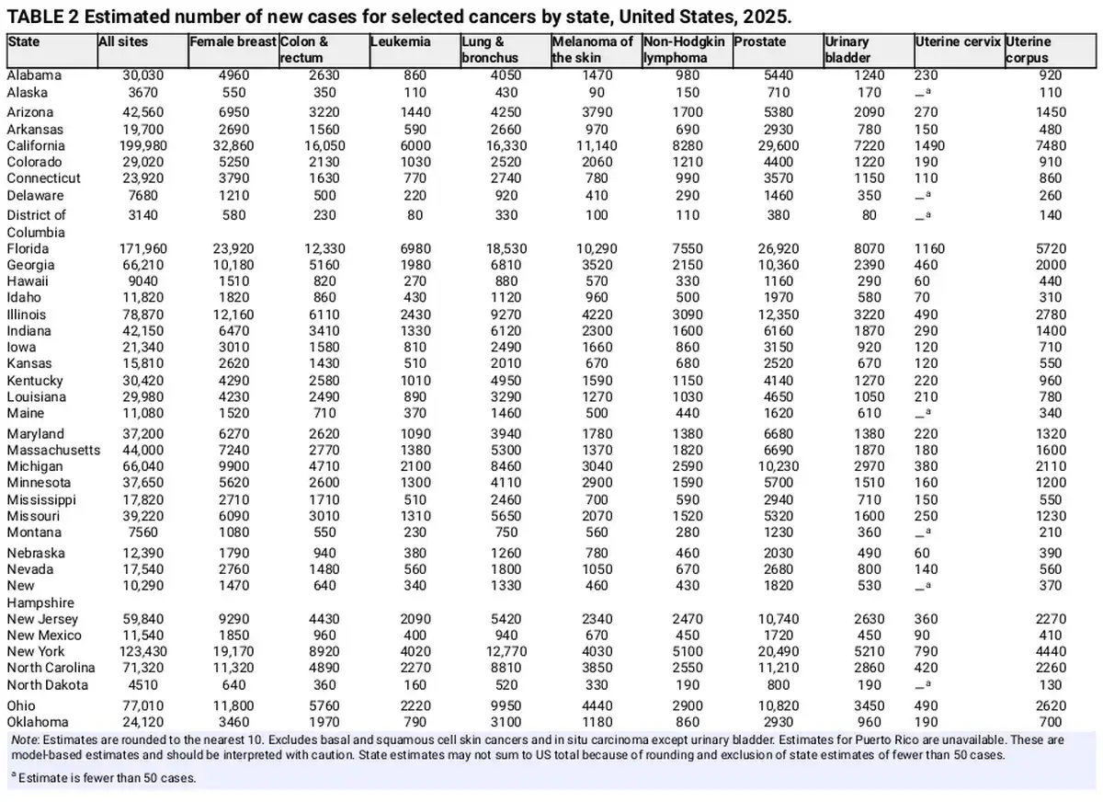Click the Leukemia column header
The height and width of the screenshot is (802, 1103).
click(x=401, y=42)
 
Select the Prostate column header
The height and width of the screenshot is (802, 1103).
click(x=760, y=42)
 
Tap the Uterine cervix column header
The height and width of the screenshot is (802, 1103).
click(x=958, y=42)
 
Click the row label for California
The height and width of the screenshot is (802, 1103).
click(x=36, y=146)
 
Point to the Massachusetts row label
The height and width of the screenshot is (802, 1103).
click(x=53, y=451)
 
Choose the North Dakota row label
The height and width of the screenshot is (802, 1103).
click(x=47, y=685)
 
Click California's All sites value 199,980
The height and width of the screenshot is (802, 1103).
click(x=143, y=146)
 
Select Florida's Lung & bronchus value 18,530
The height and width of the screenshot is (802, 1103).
click(x=506, y=248)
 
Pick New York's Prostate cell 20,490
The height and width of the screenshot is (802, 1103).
click(x=779, y=652)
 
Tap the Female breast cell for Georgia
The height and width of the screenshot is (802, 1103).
click(x=233, y=265)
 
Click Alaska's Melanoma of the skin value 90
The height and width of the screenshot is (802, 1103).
click(x=597, y=93)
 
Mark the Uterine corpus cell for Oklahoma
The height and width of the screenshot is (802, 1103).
click(x=1051, y=722)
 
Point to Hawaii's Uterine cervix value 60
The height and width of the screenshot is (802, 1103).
click(x=922, y=281)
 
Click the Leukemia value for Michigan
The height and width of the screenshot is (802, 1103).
click(x=415, y=466)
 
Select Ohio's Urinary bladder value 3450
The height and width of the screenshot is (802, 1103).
click(x=870, y=706)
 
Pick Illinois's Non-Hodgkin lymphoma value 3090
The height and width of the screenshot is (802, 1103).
click(x=688, y=315)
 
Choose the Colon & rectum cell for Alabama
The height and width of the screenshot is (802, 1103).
click(x=324, y=75)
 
